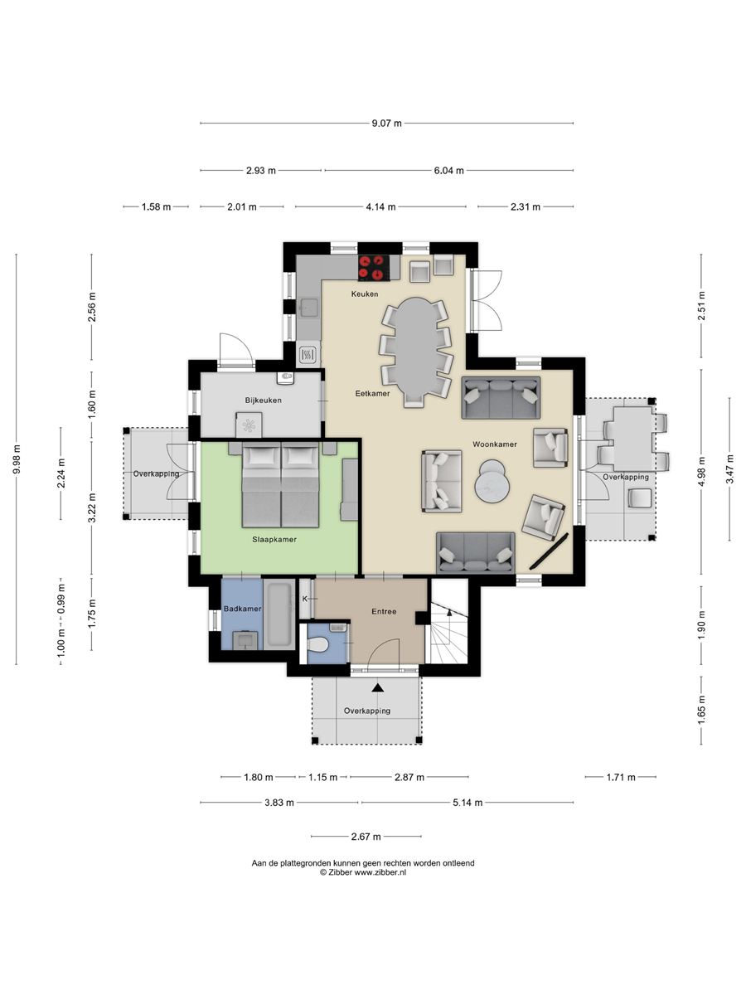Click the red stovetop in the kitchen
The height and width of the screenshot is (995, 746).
[374, 268]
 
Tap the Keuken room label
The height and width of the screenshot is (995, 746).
[365, 294]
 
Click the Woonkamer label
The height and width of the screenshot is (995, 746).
[495, 444]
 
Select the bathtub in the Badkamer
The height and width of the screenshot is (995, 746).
[279, 614]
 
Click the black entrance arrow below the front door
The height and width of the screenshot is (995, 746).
[378, 687]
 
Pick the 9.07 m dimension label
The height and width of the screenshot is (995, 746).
[387, 124]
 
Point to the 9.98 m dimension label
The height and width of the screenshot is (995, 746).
[17, 459]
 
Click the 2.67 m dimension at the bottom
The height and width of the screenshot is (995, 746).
[366, 837]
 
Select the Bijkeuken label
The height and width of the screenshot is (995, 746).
[263, 400]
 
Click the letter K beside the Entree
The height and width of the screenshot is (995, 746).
[305, 599]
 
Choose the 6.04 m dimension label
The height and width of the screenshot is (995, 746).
[449, 171]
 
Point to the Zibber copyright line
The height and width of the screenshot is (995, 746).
[363, 872]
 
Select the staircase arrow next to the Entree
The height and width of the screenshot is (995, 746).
[449, 613]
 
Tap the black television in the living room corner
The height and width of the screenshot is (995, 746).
[550, 551]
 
